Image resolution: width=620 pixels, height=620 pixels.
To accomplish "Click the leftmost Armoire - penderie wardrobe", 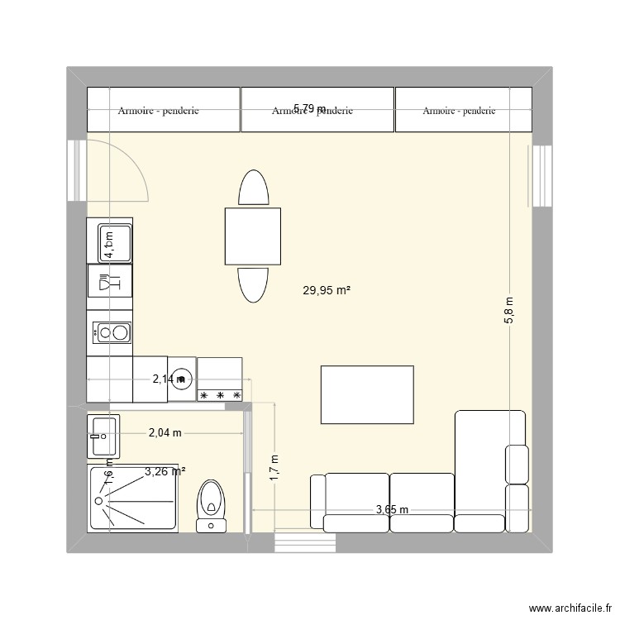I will point(163,110).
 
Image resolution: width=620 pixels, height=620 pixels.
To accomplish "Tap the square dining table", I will point(252,236).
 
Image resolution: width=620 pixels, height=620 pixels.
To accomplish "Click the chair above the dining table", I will point(253,188).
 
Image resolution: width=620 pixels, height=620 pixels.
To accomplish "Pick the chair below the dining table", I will point(253,285).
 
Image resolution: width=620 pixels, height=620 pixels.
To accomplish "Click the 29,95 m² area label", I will point(327,290).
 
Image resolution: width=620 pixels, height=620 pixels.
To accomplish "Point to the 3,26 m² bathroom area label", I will point(165,472).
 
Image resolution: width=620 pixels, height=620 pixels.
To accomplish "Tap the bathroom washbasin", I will point(103,436).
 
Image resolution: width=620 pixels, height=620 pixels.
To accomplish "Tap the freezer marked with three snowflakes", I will point(220,380).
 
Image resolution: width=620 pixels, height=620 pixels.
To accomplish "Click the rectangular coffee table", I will point(367,394).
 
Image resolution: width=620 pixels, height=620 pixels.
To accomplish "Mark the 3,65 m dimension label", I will point(392,509).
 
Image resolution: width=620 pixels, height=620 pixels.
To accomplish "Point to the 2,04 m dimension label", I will point(165,432).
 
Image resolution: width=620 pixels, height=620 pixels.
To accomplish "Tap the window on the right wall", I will point(541,175).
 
